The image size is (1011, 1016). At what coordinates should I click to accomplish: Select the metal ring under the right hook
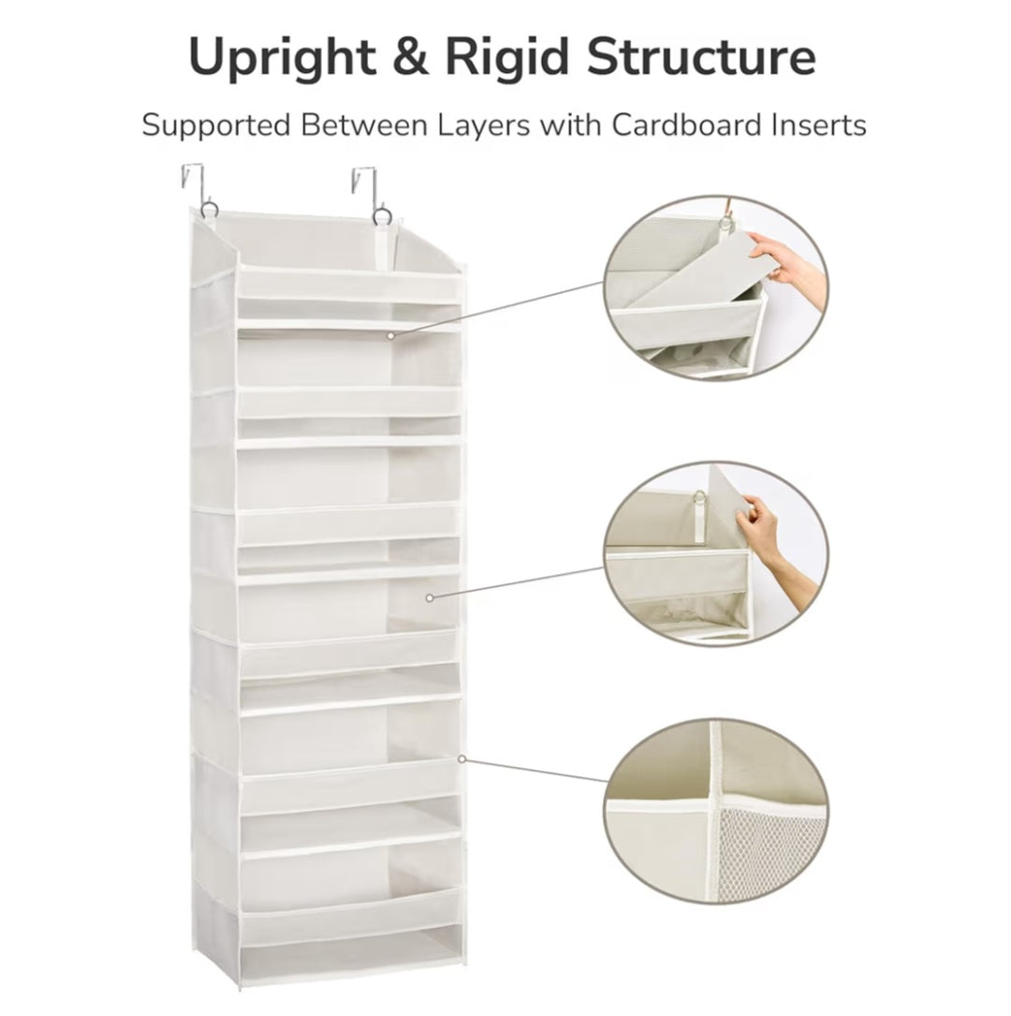(382, 217)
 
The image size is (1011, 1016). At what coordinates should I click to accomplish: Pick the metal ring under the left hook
(208, 210)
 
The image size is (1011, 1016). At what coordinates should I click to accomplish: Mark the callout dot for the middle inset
(430, 596)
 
